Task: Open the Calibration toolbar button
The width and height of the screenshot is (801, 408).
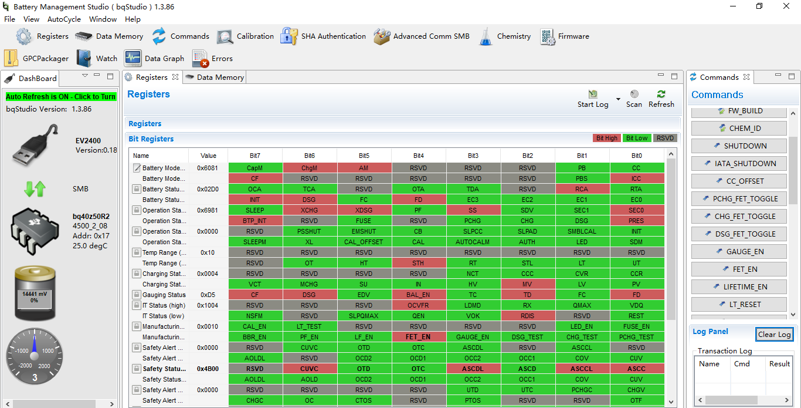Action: pyautogui.click(x=245, y=36)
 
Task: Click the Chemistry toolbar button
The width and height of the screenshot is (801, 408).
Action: pyautogui.click(x=505, y=36)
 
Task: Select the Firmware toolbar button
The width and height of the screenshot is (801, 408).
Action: pyautogui.click(x=565, y=36)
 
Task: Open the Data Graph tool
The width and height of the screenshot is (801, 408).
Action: pyautogui.click(x=155, y=59)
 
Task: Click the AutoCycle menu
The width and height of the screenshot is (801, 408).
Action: pyautogui.click(x=64, y=19)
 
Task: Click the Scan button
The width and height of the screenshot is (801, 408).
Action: pyautogui.click(x=634, y=99)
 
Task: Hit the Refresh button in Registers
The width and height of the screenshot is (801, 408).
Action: pyautogui.click(x=661, y=99)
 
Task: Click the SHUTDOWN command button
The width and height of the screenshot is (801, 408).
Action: pyautogui.click(x=738, y=146)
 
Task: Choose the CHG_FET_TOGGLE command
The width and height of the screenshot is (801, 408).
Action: pyautogui.click(x=738, y=217)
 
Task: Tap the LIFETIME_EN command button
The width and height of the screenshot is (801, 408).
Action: pyautogui.click(x=738, y=287)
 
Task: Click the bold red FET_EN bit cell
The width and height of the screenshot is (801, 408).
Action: pyautogui.click(x=418, y=337)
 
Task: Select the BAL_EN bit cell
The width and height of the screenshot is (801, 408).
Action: pyautogui.click(x=418, y=295)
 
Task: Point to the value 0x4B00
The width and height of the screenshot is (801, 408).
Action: pyautogui.click(x=208, y=369)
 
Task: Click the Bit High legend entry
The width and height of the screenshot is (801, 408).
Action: pyautogui.click(x=606, y=138)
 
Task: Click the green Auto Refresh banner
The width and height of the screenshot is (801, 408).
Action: pyautogui.click(x=61, y=96)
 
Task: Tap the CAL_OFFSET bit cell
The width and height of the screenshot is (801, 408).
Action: pyautogui.click(x=364, y=242)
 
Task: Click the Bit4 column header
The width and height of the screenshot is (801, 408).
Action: pyautogui.click(x=418, y=156)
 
